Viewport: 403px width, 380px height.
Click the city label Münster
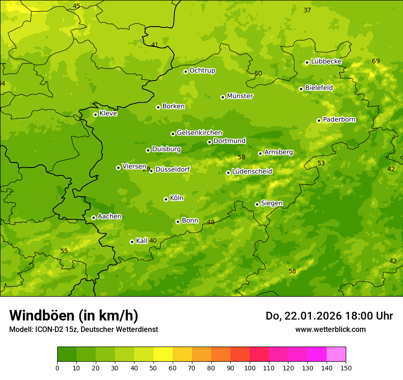click(x=240, y=96)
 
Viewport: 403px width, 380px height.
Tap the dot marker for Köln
click(x=166, y=199)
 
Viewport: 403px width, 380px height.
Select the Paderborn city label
click(x=339, y=119)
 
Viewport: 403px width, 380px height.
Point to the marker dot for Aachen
click(x=93, y=217)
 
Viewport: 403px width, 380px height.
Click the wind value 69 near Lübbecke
click(x=376, y=61)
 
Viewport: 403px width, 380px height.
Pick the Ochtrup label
click(x=202, y=71)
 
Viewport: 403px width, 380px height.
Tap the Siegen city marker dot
click(x=257, y=204)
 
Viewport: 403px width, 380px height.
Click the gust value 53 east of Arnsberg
click(x=321, y=163)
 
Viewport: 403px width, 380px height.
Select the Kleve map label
click(x=108, y=114)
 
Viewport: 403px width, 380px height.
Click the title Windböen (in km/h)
click(x=74, y=315)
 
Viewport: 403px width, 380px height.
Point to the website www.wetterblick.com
click(x=330, y=329)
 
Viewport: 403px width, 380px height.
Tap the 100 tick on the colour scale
click(x=250, y=368)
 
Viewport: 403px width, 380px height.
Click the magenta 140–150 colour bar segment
click(x=336, y=354)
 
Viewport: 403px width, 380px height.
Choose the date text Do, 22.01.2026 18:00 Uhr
click(x=329, y=316)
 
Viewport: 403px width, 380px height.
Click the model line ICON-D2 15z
click(x=83, y=329)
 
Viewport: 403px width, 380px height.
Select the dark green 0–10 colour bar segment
click(x=67, y=354)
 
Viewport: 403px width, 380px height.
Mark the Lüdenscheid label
click(x=252, y=172)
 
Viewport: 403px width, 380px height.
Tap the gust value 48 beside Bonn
click(x=211, y=222)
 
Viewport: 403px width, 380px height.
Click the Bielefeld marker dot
click(x=301, y=89)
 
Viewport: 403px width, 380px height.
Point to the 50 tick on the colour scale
click(x=153, y=368)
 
